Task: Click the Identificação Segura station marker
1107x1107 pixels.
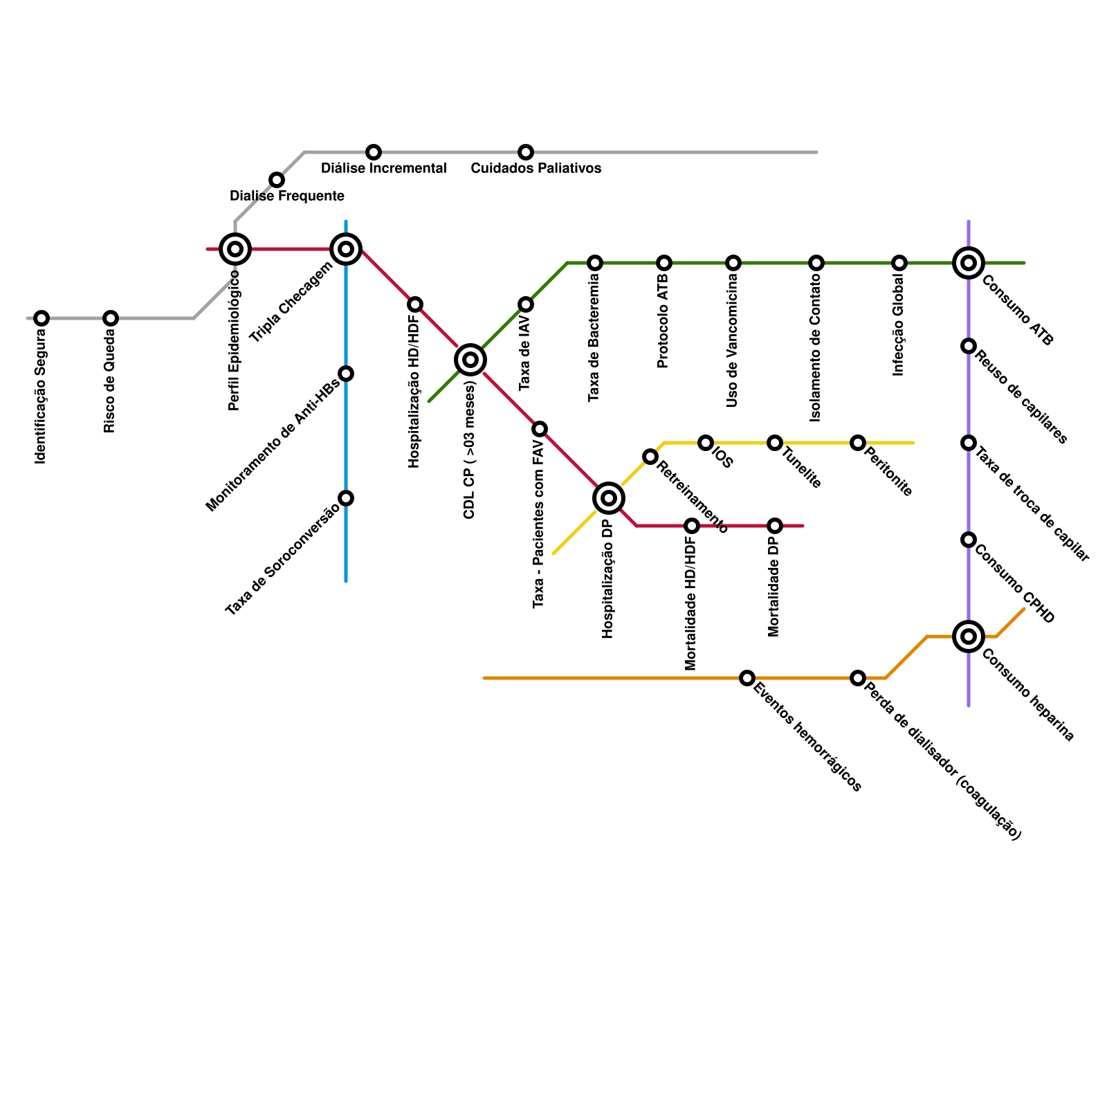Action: click(42, 318)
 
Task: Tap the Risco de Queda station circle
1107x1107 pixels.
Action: click(111, 318)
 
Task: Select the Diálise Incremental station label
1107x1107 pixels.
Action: click(383, 168)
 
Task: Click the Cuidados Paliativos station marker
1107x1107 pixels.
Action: click(526, 152)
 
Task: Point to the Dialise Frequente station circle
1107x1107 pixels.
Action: click(277, 180)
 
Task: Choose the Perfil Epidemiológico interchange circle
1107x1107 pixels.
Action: click(235, 249)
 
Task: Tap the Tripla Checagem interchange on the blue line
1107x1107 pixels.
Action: click(346, 249)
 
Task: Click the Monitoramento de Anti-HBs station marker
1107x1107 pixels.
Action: click(346, 374)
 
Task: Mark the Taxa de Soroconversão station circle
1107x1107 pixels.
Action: click(346, 498)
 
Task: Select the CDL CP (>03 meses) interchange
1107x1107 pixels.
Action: click(470, 360)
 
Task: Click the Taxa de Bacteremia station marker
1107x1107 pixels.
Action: click(595, 263)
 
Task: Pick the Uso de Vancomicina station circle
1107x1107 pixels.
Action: click(733, 263)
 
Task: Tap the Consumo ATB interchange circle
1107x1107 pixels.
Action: click(969, 263)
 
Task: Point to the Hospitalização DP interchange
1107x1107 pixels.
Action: click(609, 498)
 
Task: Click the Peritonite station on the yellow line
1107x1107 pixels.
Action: click(858, 443)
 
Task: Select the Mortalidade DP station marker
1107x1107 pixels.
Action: click(775, 526)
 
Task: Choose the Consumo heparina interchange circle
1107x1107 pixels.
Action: click(969, 637)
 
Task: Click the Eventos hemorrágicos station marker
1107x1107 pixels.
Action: click(747, 678)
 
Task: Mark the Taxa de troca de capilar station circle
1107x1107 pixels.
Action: click(969, 443)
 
